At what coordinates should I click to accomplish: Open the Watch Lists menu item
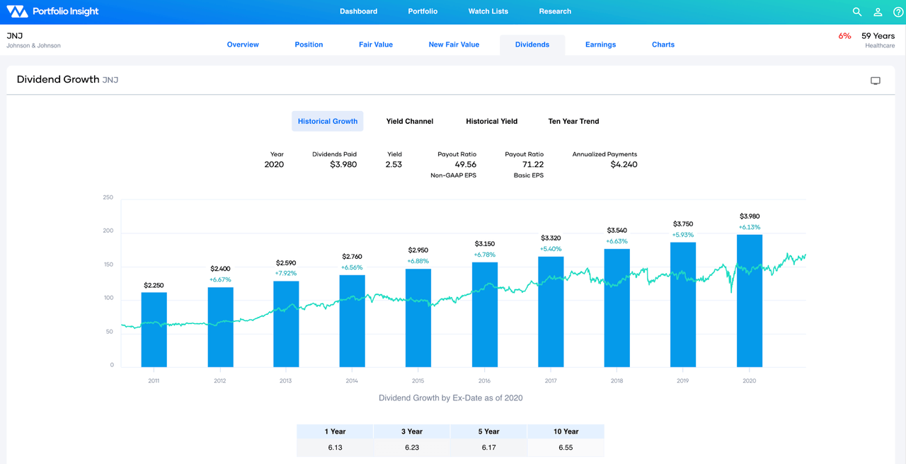coord(488,11)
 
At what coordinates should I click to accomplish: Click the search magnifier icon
coord(857,12)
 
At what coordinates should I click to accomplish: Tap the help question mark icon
coord(898,12)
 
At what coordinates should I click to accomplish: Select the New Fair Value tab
coord(454,45)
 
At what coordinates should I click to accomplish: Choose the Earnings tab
coord(600,45)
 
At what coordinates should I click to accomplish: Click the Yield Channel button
coord(409,121)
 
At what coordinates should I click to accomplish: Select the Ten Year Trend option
coord(573,121)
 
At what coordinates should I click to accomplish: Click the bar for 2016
coord(485,315)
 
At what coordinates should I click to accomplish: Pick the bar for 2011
coord(154,330)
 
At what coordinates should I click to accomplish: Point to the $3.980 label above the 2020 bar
coord(750,216)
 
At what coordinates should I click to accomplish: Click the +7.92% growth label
coord(286,273)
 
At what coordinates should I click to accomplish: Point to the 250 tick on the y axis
coord(108,197)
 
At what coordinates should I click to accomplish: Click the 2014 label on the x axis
coord(352,381)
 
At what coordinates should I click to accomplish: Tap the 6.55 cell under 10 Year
coord(566,447)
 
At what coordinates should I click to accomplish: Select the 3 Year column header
coord(411,431)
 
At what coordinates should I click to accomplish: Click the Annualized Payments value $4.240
coord(624,164)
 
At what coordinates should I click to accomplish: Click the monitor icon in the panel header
coord(876,81)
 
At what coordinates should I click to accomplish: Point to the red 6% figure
coord(844,36)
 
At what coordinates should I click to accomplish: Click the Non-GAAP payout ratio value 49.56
coord(466,164)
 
